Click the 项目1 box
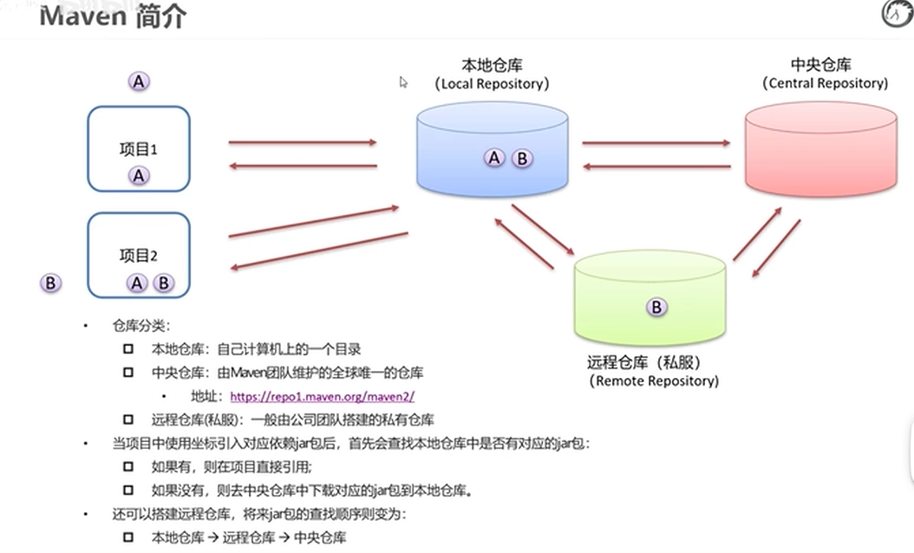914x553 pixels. pos(139,148)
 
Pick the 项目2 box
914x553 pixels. pos(139,255)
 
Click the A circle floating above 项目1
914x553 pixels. pos(139,81)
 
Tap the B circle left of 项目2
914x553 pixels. pos(51,283)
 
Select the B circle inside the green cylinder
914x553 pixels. pos(656,307)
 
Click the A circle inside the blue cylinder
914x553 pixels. pos(494,158)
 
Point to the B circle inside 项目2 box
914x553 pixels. pos(162,283)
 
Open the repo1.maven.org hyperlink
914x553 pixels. pos(323,397)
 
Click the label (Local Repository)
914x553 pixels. pos(493,84)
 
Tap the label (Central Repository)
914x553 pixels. pos(825,83)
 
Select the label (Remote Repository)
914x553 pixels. pos(654,381)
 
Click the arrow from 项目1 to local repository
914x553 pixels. pos(303,142)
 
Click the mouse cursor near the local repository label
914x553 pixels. pos(403,82)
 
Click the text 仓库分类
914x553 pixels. pos(142,326)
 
